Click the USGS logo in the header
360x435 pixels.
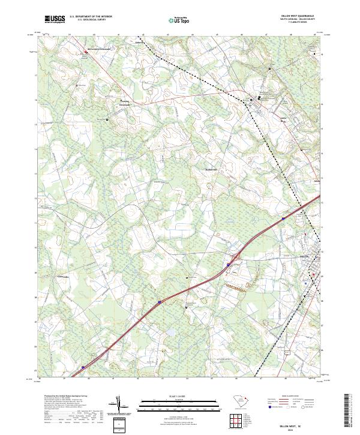(x=56, y=20)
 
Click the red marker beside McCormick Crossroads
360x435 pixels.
(x=85, y=53)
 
